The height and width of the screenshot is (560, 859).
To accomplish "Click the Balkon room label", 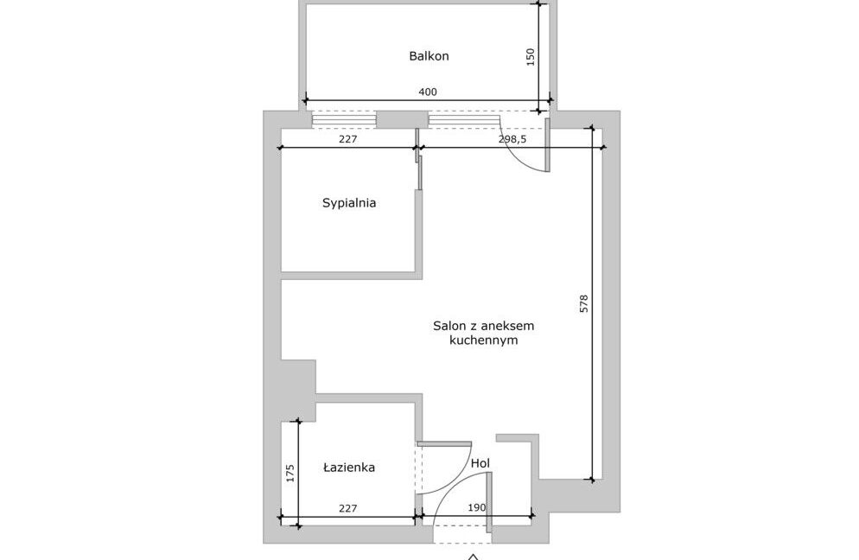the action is [429, 56].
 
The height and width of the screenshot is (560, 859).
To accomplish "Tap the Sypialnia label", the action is [349, 203].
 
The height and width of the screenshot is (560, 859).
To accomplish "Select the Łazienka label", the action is [348, 468].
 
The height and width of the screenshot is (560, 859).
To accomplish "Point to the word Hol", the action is [480, 463].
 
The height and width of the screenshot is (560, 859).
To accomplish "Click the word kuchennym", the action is [483, 340].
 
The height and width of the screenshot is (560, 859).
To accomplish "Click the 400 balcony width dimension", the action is [428, 92].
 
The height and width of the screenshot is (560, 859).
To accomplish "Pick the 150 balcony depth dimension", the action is [531, 57].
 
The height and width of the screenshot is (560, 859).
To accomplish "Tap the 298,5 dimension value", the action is [512, 139].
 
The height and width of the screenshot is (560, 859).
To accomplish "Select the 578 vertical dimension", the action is [583, 303].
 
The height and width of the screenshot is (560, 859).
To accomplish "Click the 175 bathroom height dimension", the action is [290, 474].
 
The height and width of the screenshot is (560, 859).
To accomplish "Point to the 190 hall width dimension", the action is [477, 507].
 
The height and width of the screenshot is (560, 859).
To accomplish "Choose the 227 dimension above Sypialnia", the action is [348, 139].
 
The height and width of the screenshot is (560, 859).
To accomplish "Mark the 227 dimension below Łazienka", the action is [348, 508].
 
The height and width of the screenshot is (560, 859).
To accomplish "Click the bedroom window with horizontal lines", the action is [344, 119].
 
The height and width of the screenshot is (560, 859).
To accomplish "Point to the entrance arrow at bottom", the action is [474, 557].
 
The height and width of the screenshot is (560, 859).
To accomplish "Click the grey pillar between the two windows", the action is [402, 119].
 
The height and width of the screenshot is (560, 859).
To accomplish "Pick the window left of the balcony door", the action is [464, 119].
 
